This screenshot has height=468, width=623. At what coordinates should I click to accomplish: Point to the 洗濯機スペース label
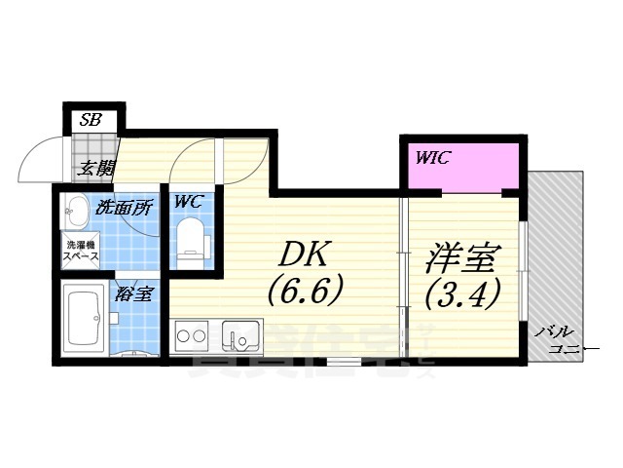pos(80,251)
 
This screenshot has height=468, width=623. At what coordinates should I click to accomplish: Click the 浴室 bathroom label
pos(131,293)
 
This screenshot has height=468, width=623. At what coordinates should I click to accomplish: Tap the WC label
pos(188,203)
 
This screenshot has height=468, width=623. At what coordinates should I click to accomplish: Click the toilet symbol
pos(191,242)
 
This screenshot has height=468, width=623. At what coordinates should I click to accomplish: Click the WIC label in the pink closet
pos(433,158)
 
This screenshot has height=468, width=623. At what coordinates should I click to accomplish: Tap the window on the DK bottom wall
pos(342,362)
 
